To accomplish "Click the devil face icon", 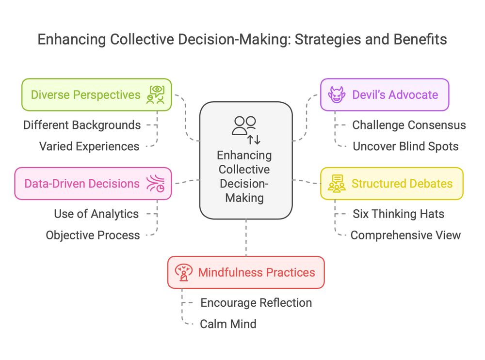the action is point(336,94).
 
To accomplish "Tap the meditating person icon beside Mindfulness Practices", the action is point(184,273).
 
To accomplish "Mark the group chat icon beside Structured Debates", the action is point(337,184).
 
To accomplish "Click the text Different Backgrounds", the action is point(82,125).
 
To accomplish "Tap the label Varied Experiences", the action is point(89,146).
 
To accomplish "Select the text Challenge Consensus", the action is point(409,125).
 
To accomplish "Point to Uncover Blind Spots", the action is point(405,146).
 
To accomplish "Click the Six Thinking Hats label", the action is point(398,214).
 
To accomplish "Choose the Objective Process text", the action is point(93,235).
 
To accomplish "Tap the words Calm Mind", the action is point(228,324).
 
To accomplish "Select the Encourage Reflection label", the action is point(256,303).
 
